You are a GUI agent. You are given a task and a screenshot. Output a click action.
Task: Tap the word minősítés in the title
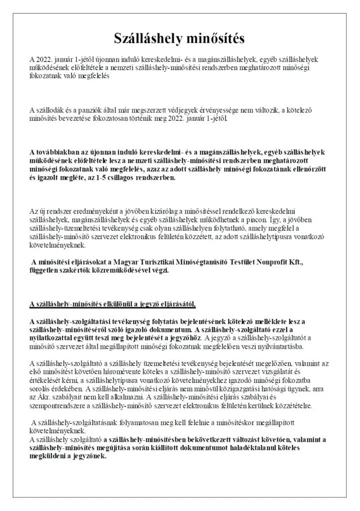pos(218,39)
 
